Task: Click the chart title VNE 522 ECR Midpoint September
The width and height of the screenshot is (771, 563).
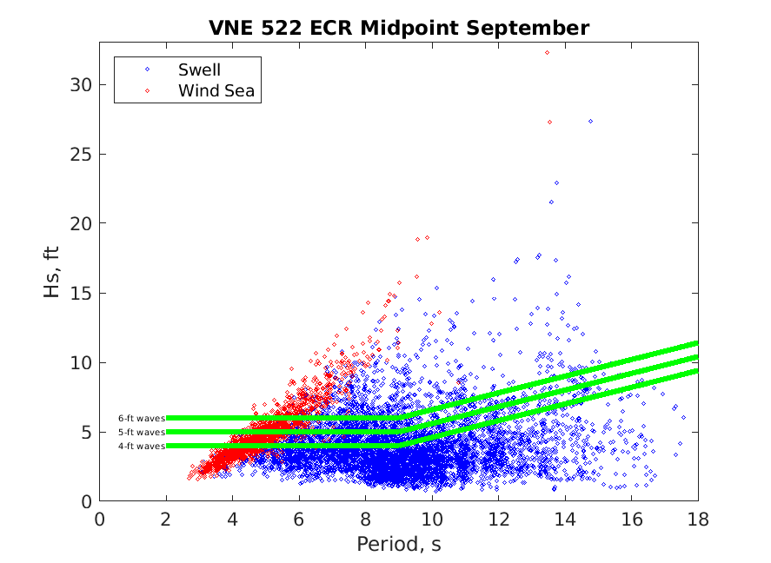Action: tap(399, 29)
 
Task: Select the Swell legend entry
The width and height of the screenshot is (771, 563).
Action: tap(199, 70)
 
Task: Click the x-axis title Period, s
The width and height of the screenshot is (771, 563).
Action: tap(399, 545)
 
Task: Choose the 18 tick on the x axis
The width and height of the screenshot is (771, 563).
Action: tap(697, 520)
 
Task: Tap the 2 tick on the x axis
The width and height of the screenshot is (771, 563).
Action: tap(166, 520)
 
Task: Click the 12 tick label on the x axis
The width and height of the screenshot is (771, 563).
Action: tap(498, 520)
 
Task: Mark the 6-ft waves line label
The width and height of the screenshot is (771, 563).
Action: tap(141, 418)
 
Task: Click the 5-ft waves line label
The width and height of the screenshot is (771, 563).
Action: tap(141, 432)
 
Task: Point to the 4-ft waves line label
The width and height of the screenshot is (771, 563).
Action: tap(141, 446)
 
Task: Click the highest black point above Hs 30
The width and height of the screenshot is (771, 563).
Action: tap(547, 52)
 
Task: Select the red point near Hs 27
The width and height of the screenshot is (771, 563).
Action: tap(549, 122)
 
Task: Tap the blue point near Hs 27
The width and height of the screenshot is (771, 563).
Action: tap(590, 121)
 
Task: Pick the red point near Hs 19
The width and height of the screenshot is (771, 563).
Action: tap(427, 237)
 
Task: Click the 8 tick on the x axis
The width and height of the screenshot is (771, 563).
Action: tap(365, 520)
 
